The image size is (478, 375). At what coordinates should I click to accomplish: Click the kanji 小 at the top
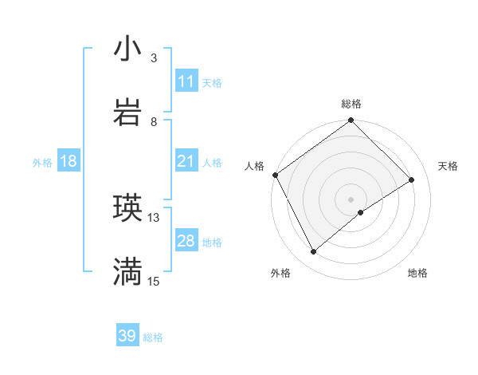tap(127, 50)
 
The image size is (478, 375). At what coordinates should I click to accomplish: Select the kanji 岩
tap(127, 112)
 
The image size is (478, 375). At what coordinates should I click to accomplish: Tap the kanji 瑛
tap(127, 208)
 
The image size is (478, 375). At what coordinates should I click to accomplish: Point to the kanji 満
tap(127, 272)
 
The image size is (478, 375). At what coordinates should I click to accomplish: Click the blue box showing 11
tap(186, 81)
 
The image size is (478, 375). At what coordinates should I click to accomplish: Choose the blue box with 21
tap(186, 161)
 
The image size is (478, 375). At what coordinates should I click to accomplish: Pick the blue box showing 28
tap(186, 241)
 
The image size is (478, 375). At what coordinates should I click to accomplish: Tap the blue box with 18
tap(69, 161)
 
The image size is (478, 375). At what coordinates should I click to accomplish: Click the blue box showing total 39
tap(127, 336)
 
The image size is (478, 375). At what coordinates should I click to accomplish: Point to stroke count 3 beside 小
tap(154, 58)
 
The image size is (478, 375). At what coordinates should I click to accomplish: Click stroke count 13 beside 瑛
tap(154, 217)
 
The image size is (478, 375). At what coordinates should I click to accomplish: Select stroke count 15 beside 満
tap(154, 281)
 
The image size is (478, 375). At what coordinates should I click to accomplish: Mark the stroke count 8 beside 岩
tap(154, 121)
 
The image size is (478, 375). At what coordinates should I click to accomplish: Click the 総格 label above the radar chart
tap(351, 104)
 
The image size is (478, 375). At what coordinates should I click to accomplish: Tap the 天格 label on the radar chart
tap(448, 166)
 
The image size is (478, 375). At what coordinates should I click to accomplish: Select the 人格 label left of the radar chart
tap(254, 166)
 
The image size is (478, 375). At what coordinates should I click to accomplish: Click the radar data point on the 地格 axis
tap(361, 212)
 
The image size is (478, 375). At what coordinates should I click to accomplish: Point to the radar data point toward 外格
tap(314, 252)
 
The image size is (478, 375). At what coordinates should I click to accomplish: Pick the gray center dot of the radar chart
tap(351, 199)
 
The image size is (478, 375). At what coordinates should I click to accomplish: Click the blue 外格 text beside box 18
tap(42, 162)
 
